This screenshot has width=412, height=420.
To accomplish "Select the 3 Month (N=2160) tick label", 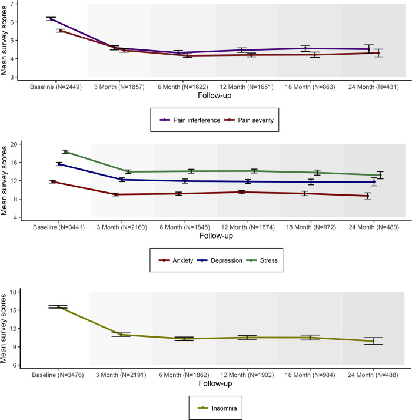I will pyautogui.click(x=121, y=227).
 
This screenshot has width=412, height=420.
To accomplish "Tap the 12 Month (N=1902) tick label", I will pyautogui.click(x=247, y=375).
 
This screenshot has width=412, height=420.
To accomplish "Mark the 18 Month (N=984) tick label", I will pyautogui.click(x=311, y=375).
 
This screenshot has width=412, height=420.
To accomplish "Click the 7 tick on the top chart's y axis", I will pyautogui.click(x=20, y=4).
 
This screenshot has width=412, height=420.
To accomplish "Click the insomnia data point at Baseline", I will pyautogui.click(x=58, y=307).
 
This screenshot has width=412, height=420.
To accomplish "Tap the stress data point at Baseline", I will pyautogui.click(x=58, y=151).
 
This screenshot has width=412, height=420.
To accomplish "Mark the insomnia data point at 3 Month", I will pyautogui.click(x=121, y=335).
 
